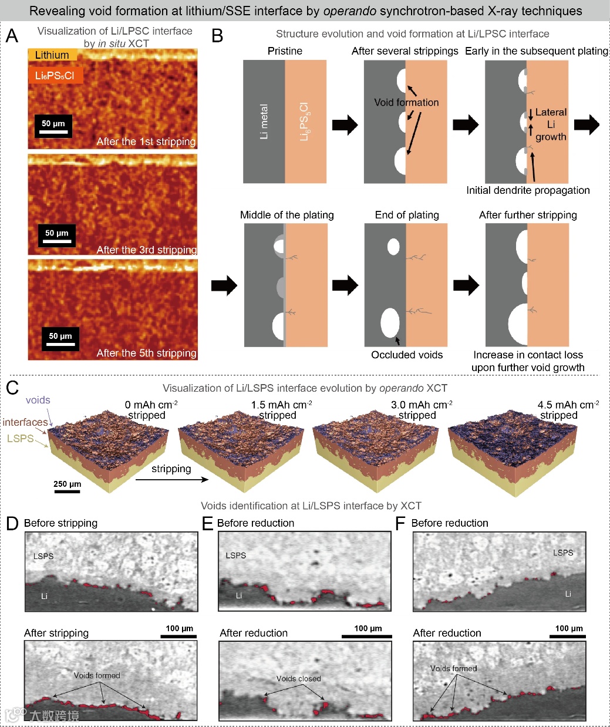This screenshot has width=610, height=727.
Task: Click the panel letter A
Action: tap(12, 36)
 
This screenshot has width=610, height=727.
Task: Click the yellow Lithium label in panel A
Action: tap(52, 55)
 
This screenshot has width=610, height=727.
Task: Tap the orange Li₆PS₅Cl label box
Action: tap(55, 75)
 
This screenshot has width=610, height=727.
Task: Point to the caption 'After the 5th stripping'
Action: tap(146, 353)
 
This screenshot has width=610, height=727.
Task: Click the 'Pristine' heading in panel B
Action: tap(285, 51)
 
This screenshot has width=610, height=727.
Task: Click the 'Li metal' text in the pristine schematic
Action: tap(264, 122)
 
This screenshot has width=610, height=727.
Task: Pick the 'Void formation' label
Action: tap(406, 102)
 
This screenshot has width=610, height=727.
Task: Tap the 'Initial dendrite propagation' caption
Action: tap(528, 190)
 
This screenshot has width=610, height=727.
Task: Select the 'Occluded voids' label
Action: tap(407, 355)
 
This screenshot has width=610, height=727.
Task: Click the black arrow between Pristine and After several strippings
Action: tap(345, 124)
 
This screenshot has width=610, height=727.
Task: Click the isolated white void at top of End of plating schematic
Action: tap(393, 247)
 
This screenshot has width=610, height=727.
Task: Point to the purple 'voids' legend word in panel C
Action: tap(38, 400)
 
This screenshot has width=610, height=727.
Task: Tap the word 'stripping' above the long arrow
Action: tap(171, 469)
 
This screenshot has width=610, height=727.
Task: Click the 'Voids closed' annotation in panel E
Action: tap(298, 679)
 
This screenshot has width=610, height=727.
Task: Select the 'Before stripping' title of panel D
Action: tap(60, 523)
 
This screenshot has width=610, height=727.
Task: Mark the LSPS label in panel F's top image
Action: tap(562, 553)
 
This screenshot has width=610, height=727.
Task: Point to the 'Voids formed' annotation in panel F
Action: tap(453, 668)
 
